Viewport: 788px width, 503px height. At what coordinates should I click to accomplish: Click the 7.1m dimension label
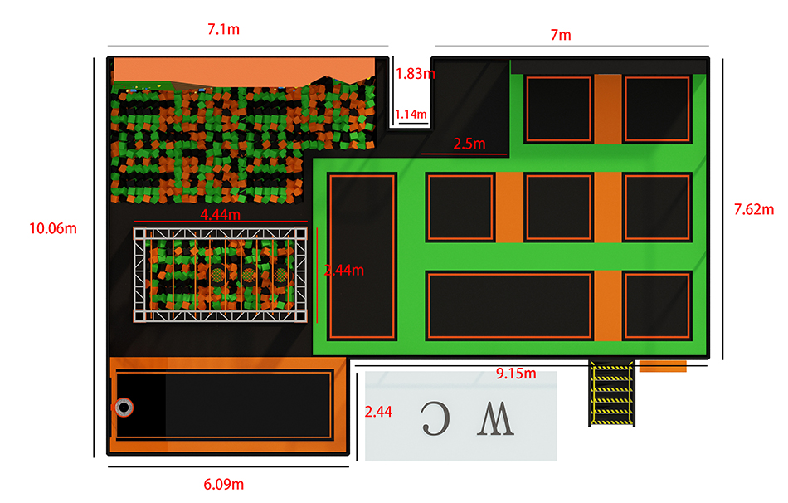coord(224,29)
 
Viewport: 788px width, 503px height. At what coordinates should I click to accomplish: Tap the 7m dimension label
coord(561,35)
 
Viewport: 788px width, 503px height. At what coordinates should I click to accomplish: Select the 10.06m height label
coord(53,228)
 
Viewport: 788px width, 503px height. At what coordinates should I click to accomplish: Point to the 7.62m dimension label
coord(754,209)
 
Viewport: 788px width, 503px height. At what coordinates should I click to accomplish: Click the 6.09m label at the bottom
coord(224,485)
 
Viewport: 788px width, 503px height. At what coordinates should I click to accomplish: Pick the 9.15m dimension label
coord(516,374)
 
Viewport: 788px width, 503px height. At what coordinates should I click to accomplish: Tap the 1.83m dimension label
coord(415,74)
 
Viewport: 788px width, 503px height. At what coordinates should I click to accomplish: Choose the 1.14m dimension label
coord(411,115)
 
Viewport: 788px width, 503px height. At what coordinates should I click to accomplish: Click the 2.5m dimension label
coord(469,144)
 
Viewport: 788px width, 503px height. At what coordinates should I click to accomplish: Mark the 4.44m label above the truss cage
coord(220,215)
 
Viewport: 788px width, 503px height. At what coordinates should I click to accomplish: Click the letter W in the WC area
coord(495,419)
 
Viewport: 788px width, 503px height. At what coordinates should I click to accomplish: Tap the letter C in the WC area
coord(435,418)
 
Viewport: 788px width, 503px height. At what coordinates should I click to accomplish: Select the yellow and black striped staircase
coord(611,393)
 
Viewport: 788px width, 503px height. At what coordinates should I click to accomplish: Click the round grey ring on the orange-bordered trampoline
coord(124,407)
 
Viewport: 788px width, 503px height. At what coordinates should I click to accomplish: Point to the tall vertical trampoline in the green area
coord(362,256)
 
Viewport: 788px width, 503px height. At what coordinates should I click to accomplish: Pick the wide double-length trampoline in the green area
coord(509,305)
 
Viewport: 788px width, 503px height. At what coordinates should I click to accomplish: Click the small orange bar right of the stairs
coord(663,366)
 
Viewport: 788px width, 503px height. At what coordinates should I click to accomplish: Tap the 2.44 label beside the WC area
coord(378,412)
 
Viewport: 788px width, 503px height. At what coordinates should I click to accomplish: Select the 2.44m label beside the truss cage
coord(343,270)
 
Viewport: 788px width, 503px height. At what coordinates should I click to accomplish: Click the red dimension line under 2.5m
coord(464,154)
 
